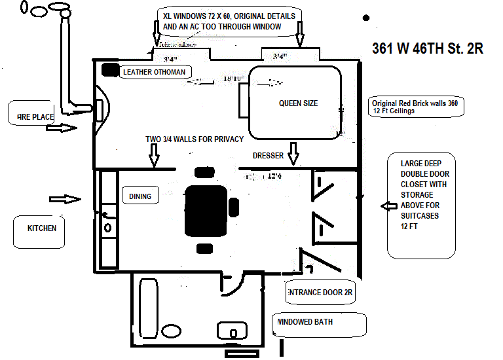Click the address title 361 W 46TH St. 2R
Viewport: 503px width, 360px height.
point(428,49)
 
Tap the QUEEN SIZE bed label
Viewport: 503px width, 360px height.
point(298,103)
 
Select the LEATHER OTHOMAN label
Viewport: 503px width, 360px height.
point(154,72)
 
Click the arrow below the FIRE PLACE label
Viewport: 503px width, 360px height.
point(62,128)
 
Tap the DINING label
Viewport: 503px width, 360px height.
point(140,196)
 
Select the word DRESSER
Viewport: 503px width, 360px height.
point(268,155)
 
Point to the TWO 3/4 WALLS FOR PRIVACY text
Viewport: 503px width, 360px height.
point(195,139)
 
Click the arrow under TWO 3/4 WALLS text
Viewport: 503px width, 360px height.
point(155,154)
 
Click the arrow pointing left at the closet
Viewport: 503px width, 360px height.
point(388,206)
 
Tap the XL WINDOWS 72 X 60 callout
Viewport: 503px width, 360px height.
point(229,21)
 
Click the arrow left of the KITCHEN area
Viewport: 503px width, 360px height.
point(65,198)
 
